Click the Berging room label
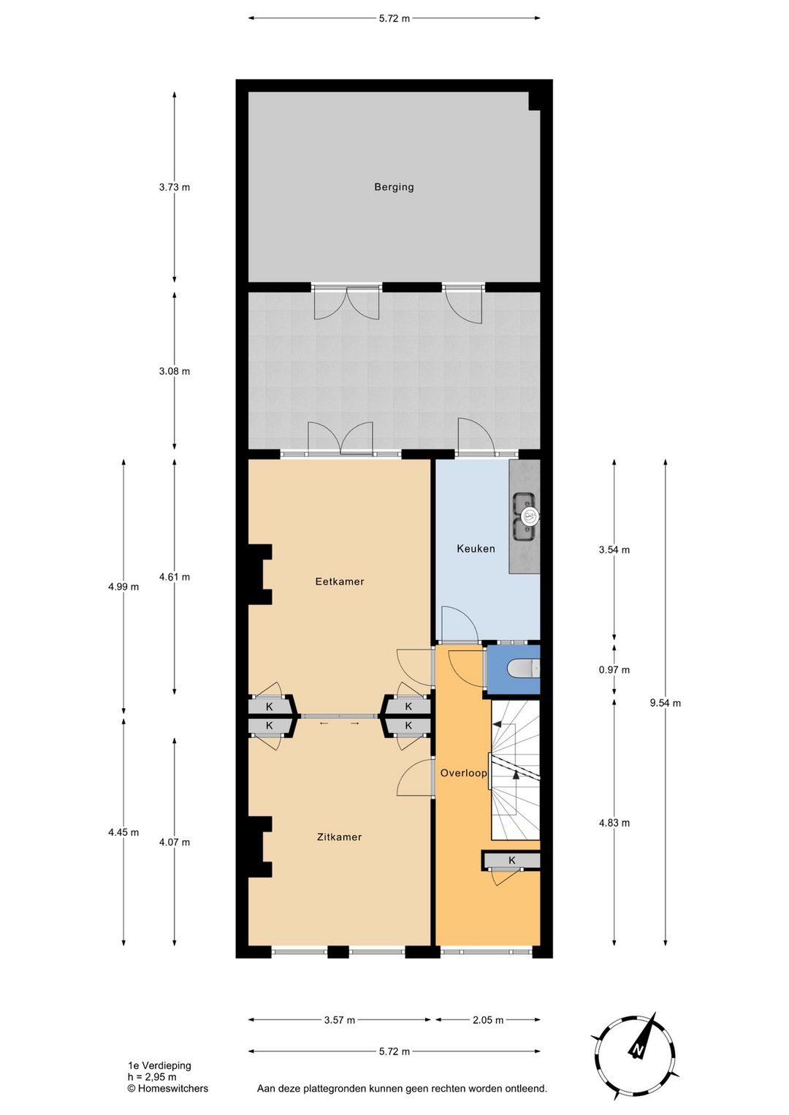pyautogui.click(x=394, y=187)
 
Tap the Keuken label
pyautogui.click(x=476, y=549)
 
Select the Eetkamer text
pyautogui.click(x=340, y=582)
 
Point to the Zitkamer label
pyautogui.click(x=339, y=837)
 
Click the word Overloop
pyautogui.click(x=463, y=773)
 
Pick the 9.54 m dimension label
pyautogui.click(x=665, y=703)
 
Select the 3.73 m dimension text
pyautogui.click(x=174, y=187)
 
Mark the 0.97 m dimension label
pyautogui.click(x=614, y=669)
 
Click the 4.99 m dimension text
pyautogui.click(x=123, y=587)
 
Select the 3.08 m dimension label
pyautogui.click(x=174, y=371)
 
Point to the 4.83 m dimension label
pyautogui.click(x=614, y=823)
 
